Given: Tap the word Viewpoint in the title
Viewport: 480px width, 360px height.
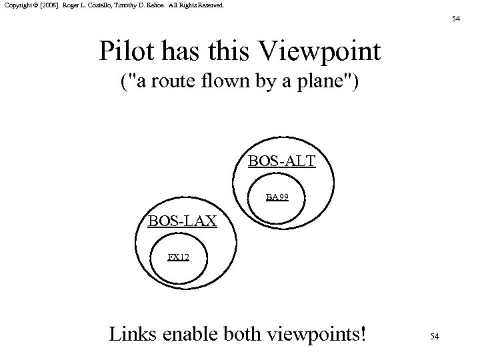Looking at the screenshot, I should click(x=325, y=51).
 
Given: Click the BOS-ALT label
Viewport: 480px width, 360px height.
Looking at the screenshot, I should click(x=282, y=161).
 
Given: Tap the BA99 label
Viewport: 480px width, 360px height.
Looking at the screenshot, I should click(x=277, y=197).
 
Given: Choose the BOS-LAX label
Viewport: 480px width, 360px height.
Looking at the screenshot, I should click(x=182, y=221).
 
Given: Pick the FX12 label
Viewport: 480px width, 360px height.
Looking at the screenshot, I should click(x=178, y=256).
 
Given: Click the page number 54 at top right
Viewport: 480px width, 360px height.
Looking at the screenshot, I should click(x=456, y=19).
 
